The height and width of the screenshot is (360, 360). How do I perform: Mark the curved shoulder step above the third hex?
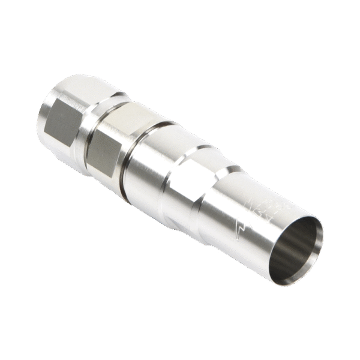tap(198, 150)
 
